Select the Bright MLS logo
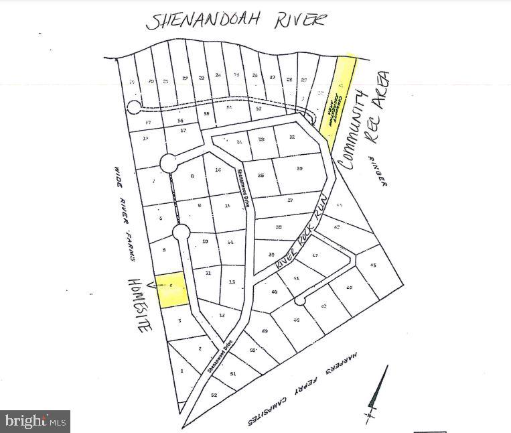click(35, 422)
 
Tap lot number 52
click(214, 395)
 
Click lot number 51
click(233, 373)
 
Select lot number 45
click(373, 265)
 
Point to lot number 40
click(274, 292)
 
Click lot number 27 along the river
click(272, 78)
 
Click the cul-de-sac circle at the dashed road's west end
click(134, 107)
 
